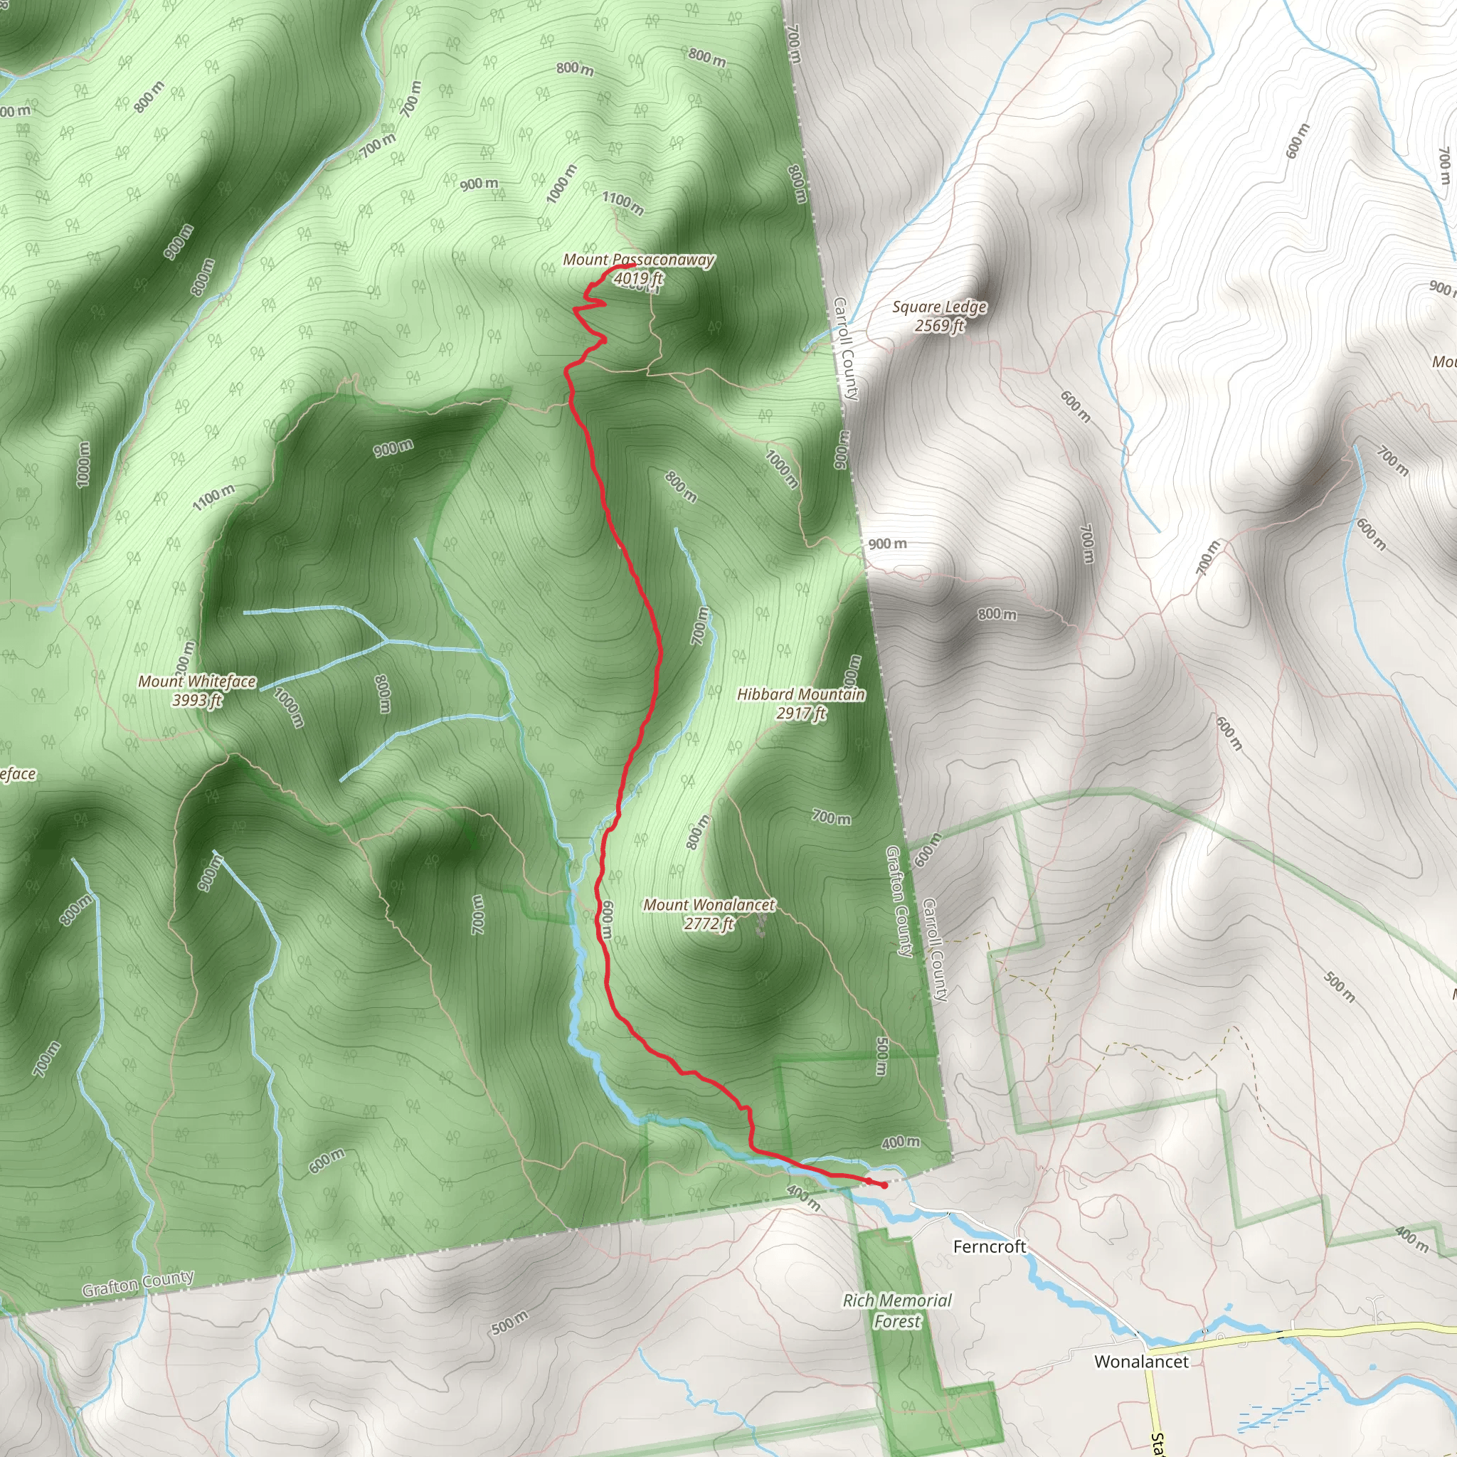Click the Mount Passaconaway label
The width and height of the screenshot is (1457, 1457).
coord(638,260)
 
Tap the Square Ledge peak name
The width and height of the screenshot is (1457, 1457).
coord(939,307)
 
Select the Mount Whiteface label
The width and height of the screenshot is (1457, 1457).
coord(197,682)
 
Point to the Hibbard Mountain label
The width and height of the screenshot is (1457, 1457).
coord(801,694)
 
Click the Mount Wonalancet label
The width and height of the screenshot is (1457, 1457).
coord(709,905)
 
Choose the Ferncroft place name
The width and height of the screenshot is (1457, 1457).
coord(990,1246)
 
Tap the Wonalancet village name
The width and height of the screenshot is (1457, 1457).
coord(1141,1361)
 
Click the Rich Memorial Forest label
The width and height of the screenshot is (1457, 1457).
coord(896,1310)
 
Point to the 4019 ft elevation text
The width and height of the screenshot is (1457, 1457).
coord(638,279)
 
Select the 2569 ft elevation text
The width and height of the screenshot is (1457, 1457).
coord(939,326)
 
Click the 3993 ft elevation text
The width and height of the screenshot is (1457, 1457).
coord(197,701)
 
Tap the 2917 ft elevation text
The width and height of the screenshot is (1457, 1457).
coord(801,714)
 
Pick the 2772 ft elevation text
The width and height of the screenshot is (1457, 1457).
coord(709,924)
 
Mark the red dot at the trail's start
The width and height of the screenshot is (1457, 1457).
coord(884,1185)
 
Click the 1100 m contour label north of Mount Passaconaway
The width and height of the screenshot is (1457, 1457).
coord(622,202)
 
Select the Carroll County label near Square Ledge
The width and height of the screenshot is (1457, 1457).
coord(845,349)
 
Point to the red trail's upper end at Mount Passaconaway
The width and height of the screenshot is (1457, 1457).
coord(630,265)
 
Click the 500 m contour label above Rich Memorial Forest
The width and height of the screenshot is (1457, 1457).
coord(881,1057)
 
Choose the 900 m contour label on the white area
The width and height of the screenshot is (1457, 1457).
coord(887,544)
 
